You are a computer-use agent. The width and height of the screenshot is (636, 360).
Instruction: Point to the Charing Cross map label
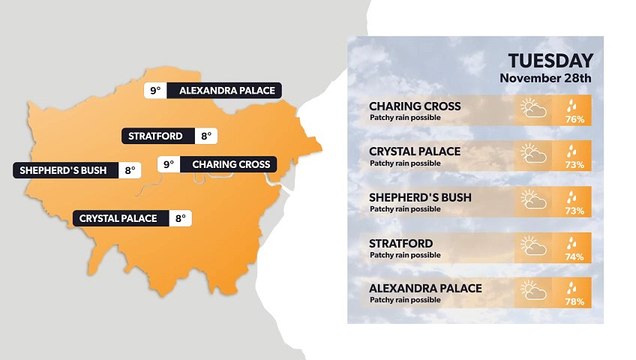click(x=231, y=164)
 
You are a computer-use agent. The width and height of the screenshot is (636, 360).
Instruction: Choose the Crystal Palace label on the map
click(x=118, y=218)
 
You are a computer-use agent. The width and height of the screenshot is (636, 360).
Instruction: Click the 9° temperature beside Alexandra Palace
click(x=155, y=90)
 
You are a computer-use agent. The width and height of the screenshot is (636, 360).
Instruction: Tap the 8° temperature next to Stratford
click(x=205, y=136)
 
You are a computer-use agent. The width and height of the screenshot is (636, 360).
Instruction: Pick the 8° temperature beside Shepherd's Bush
click(x=129, y=170)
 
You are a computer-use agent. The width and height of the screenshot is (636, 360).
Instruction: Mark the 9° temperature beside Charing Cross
click(x=167, y=164)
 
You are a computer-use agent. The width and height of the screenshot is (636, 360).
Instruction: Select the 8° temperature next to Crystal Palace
click(x=180, y=218)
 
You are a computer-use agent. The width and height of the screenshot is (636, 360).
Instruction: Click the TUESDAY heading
click(x=550, y=60)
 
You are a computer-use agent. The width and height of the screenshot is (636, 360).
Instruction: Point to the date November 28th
click(x=546, y=78)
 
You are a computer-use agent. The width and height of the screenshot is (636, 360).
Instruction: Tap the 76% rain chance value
click(x=575, y=119)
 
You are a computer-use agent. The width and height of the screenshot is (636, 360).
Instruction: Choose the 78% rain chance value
click(x=575, y=302)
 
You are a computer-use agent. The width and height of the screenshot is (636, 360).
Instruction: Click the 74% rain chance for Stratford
click(x=575, y=256)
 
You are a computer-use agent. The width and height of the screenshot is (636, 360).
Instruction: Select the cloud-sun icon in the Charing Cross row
click(x=532, y=108)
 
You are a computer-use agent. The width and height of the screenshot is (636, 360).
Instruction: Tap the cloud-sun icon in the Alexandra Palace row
click(x=532, y=291)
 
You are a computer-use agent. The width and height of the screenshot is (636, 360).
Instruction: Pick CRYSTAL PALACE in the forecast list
click(x=415, y=150)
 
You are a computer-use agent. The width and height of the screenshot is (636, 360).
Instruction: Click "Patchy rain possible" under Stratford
click(x=405, y=255)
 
